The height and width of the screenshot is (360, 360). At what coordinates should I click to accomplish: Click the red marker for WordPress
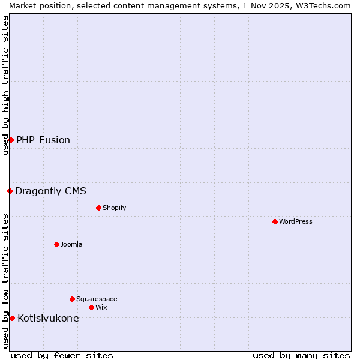275,221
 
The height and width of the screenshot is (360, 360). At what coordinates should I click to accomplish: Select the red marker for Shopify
98,208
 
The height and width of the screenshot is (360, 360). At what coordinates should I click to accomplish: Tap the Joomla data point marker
56,244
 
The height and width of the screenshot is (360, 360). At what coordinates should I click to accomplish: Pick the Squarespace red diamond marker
72,299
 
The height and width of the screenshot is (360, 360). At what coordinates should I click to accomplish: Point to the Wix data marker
91,307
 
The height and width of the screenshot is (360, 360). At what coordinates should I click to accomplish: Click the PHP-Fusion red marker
11,140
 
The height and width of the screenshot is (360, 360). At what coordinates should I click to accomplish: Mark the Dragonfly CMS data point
10,191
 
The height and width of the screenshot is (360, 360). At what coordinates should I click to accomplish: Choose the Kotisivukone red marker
12,318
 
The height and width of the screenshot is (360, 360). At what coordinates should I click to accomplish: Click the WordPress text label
296,221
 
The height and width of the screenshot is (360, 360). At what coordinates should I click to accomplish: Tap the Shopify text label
115,208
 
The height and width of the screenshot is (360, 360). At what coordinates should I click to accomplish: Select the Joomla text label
71,244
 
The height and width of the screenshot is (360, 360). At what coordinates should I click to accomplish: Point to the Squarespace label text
97,299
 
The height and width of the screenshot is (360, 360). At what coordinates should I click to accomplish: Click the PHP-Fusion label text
43,140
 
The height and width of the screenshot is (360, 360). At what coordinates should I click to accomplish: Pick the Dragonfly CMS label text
50,191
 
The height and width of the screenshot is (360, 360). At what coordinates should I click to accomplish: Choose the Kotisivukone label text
48,318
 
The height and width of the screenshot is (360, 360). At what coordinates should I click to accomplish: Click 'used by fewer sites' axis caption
62,355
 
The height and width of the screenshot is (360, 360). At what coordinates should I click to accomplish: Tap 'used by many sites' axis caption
301,355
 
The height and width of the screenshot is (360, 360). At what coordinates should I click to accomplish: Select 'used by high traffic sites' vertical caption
5,85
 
